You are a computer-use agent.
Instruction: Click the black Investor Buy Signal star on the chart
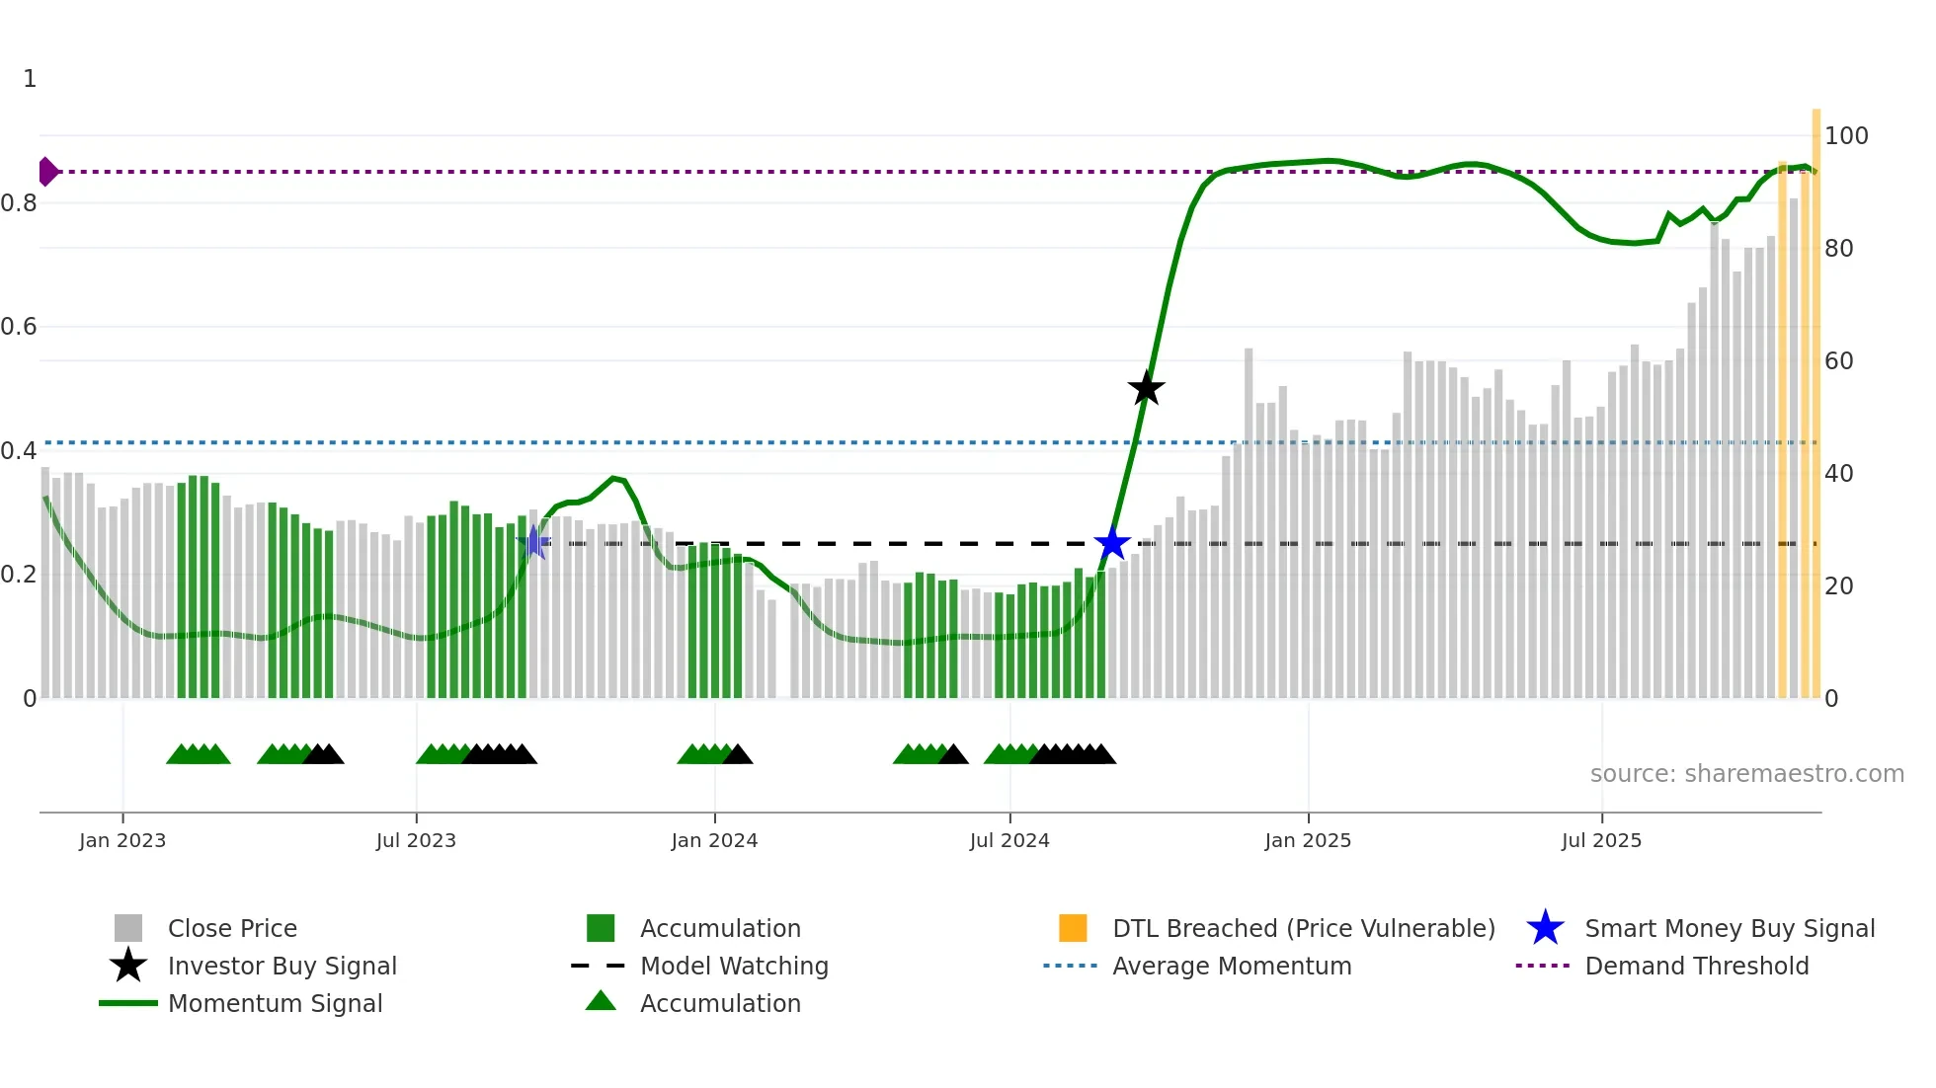point(1146,388)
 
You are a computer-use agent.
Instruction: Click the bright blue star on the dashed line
point(1112,543)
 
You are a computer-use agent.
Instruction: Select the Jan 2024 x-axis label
point(714,840)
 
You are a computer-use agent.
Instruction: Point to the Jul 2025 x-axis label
point(1601,840)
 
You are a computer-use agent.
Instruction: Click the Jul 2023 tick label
point(416,840)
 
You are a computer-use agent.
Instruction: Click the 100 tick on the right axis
point(1846,135)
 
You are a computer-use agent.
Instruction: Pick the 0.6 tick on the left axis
point(19,327)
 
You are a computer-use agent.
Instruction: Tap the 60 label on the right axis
point(1838,361)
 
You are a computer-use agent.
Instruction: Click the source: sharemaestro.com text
point(1746,774)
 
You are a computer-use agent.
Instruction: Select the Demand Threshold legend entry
point(1696,966)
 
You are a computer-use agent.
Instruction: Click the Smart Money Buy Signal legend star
point(1545,928)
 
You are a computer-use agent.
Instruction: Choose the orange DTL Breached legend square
point(1073,928)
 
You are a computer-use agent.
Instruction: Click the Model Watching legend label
point(734,966)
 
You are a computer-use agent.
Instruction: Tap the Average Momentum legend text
point(1232,966)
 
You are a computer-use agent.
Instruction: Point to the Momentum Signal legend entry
point(275,1003)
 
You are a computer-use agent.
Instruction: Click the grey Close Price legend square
point(128,928)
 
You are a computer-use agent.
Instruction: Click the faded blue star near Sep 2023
point(533,541)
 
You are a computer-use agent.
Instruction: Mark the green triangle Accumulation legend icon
point(601,1002)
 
